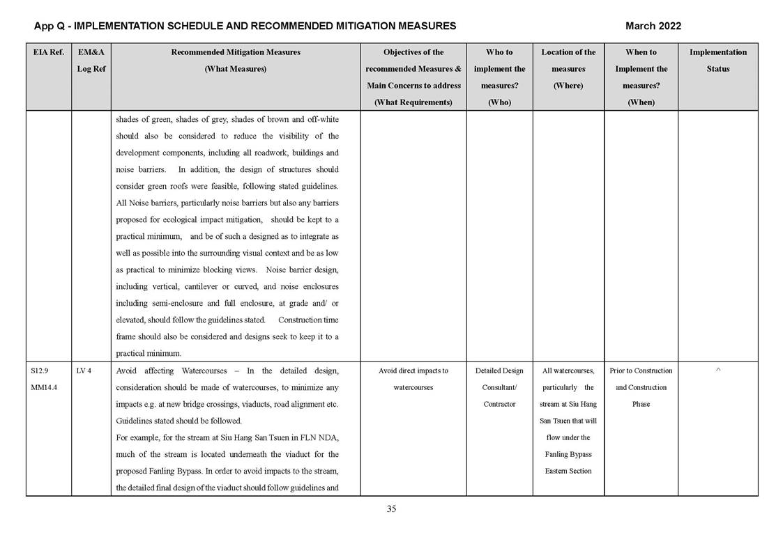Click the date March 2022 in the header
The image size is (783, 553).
pos(653,26)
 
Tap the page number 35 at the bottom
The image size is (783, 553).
pos(391,509)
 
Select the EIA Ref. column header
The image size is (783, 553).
pos(48,52)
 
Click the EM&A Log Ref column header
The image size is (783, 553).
pos(91,61)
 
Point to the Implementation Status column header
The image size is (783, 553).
pos(717,61)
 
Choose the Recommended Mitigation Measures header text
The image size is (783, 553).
pos(235,52)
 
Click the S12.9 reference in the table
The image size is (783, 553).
pos(40,371)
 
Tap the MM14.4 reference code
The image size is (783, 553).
pos(44,387)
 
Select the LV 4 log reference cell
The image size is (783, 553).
pos(84,371)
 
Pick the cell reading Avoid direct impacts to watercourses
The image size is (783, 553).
pos(413,379)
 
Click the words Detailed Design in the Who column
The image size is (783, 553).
pos(499,371)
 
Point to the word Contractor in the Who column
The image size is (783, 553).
pos(499,404)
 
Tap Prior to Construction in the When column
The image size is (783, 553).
pos(641,371)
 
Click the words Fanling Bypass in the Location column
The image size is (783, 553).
pos(568,454)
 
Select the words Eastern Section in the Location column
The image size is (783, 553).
pos(568,471)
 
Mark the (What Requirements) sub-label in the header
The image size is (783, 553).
pos(413,102)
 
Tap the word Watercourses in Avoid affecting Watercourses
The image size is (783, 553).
pos(206,371)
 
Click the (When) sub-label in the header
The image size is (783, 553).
pos(641,102)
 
